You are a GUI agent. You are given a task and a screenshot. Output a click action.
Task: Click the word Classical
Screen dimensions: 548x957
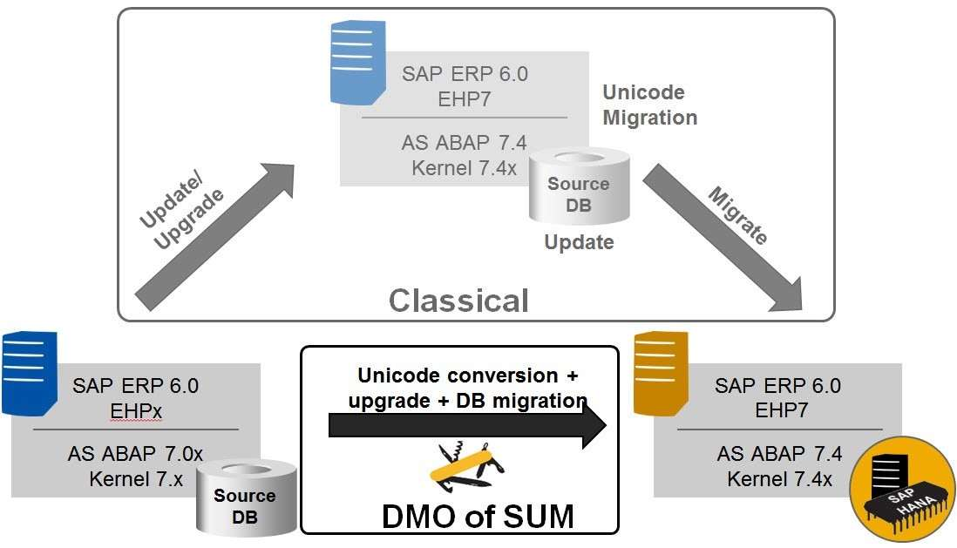click(458, 301)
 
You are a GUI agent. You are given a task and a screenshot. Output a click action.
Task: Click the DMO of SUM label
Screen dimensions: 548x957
click(478, 516)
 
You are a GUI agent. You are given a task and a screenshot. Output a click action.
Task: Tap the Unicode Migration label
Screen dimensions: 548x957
click(650, 105)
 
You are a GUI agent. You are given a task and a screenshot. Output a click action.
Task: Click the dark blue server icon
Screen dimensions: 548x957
click(25, 371)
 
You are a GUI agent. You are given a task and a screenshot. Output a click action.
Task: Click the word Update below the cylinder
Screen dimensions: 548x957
click(579, 242)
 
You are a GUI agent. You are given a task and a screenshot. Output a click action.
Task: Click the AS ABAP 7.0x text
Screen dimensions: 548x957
click(136, 454)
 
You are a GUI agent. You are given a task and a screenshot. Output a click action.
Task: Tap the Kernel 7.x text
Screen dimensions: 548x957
click(136, 478)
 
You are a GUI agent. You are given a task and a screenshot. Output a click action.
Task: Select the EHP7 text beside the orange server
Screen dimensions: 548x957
click(777, 409)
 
